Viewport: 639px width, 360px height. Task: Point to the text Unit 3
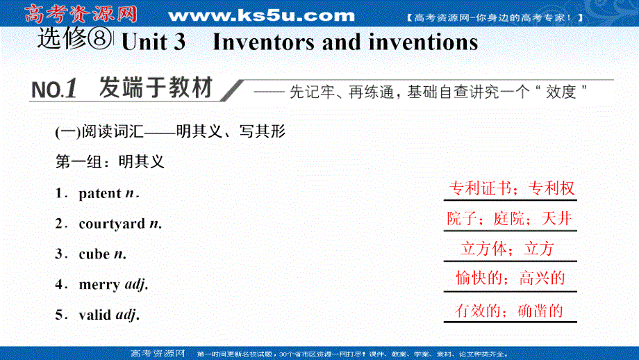click(x=153, y=42)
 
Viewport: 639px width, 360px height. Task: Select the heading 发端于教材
click(x=155, y=88)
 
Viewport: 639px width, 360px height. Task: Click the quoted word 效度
click(x=561, y=91)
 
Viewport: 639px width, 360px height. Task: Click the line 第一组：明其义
click(x=109, y=162)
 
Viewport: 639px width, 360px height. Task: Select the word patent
click(x=100, y=194)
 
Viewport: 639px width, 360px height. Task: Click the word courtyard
click(x=112, y=224)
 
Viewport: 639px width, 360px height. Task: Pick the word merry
click(x=99, y=284)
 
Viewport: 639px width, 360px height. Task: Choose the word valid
click(x=97, y=315)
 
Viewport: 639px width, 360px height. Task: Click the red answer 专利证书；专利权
click(x=511, y=189)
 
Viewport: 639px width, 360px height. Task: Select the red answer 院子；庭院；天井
click(x=510, y=219)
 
